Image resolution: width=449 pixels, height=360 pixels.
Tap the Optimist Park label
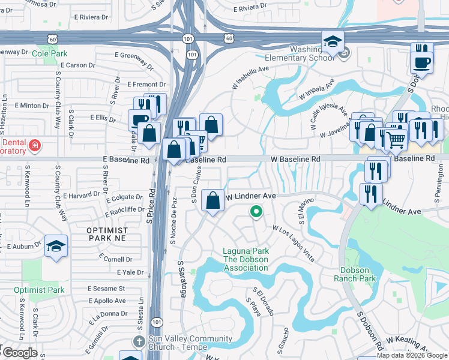[39, 290]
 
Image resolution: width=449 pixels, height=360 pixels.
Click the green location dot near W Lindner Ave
[256, 211]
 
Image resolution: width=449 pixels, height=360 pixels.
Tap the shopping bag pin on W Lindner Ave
[213, 200]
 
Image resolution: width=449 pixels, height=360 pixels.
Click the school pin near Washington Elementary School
[333, 41]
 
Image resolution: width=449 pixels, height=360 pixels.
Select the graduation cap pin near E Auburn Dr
[56, 246]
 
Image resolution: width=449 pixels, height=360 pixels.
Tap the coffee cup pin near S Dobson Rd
[421, 62]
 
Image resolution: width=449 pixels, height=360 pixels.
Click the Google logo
[19, 353]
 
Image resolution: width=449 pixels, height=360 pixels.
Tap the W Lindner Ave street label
[250, 196]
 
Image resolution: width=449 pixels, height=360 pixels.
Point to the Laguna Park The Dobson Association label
[246, 259]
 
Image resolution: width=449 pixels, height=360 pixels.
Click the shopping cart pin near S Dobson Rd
[395, 139]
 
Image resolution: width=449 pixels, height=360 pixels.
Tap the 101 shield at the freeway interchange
[191, 55]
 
